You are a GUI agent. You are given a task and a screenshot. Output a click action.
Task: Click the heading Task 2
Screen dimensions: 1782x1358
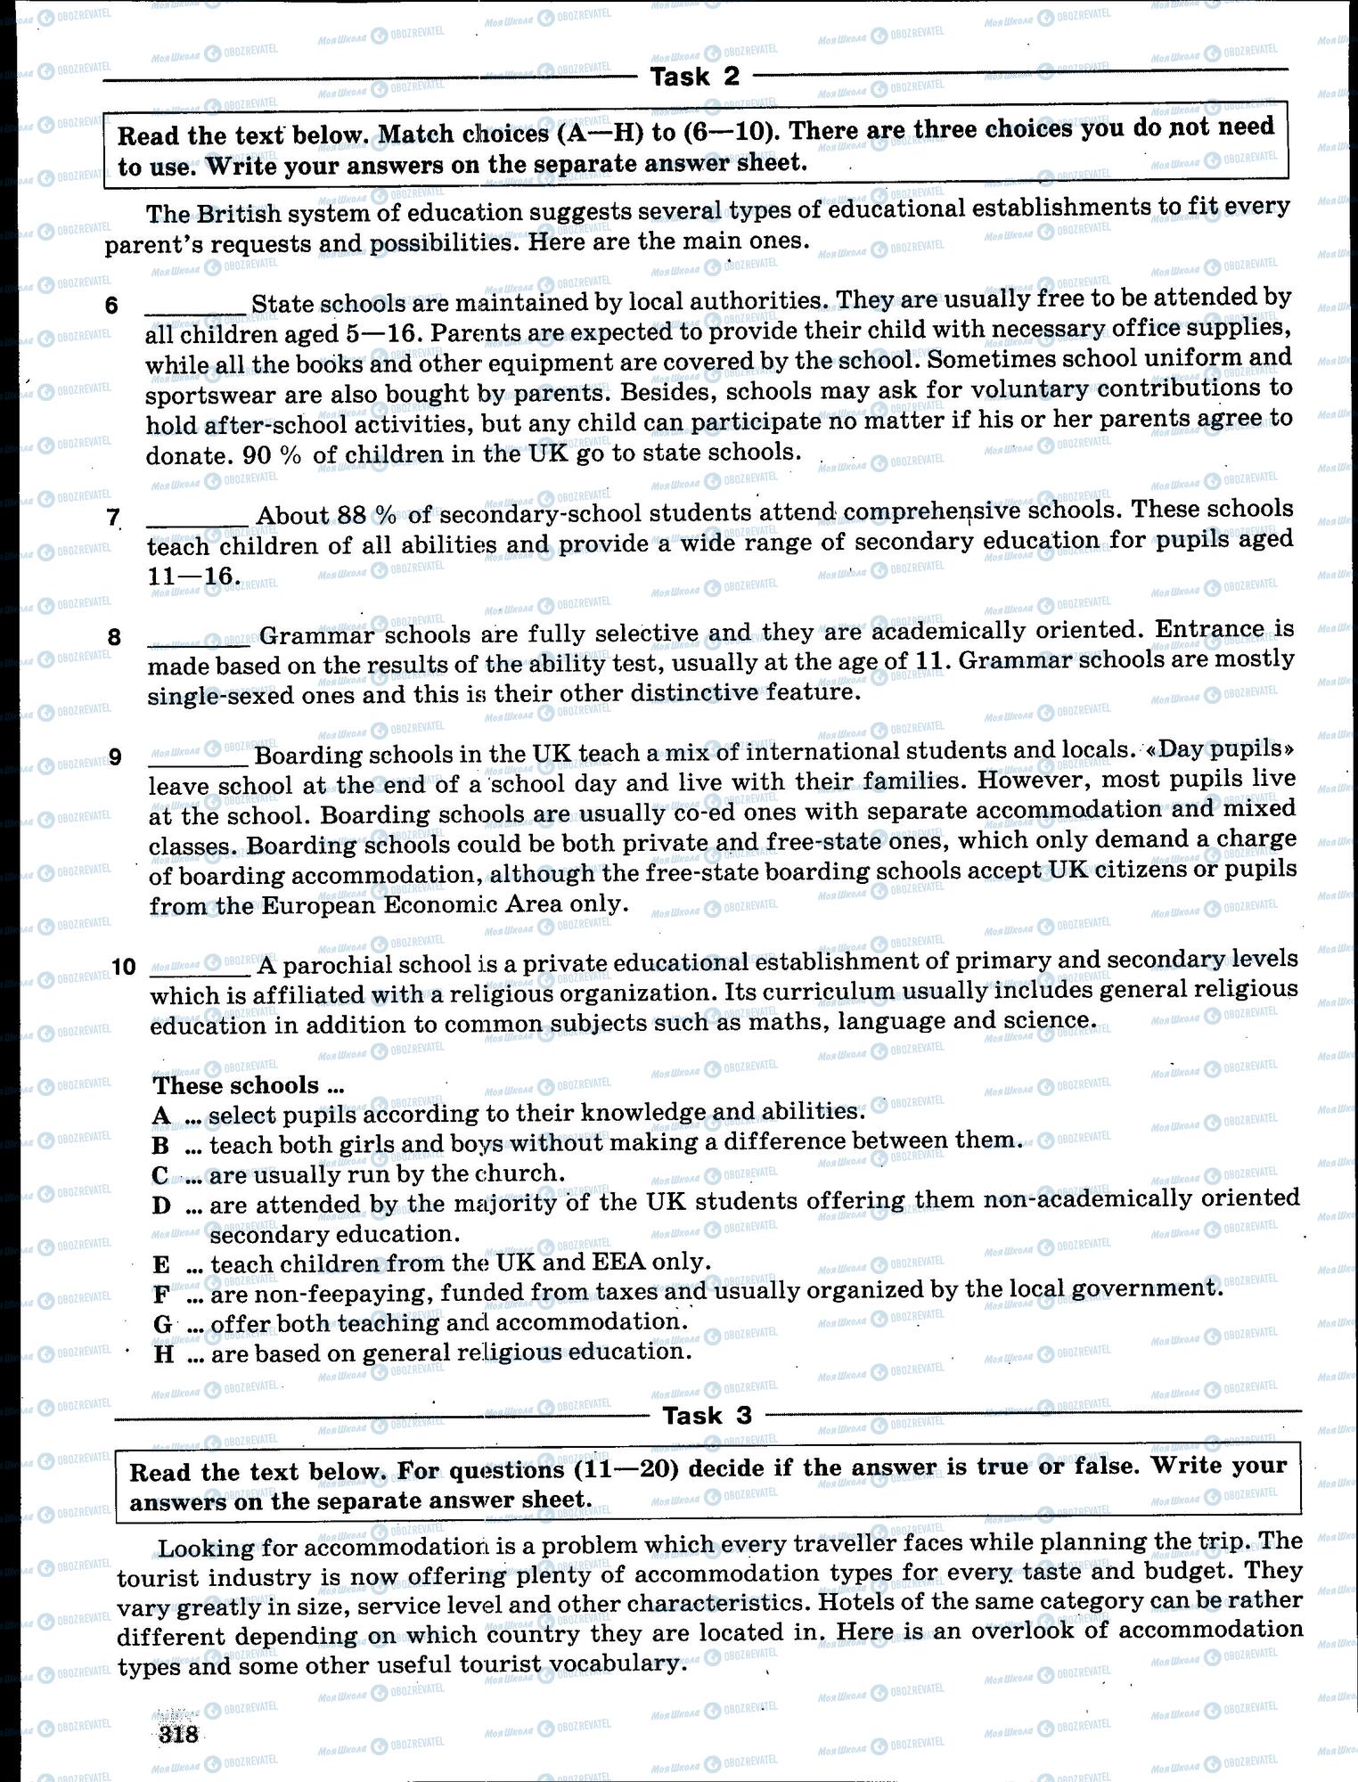click(x=695, y=77)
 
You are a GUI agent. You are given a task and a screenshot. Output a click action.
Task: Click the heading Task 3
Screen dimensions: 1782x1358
click(x=707, y=1415)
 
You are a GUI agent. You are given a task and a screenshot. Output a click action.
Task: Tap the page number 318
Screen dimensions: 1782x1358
click(x=177, y=1734)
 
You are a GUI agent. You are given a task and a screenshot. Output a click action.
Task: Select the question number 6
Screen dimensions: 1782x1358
click(x=111, y=306)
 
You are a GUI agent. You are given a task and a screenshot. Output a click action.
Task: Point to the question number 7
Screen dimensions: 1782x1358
click(x=112, y=517)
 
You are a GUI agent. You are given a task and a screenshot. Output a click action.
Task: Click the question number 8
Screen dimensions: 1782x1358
click(x=113, y=637)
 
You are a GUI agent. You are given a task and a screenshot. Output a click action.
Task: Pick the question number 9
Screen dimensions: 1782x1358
click(x=114, y=757)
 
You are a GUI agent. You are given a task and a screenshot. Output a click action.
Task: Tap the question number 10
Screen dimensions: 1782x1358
click(x=124, y=966)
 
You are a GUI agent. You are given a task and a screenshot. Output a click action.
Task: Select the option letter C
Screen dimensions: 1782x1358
click(x=161, y=1175)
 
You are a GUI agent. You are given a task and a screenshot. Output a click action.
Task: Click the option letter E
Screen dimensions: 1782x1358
click(x=161, y=1264)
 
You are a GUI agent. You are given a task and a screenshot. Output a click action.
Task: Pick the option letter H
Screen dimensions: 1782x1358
click(x=163, y=1354)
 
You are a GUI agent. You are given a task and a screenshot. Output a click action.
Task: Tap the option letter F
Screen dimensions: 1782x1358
click(x=161, y=1294)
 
